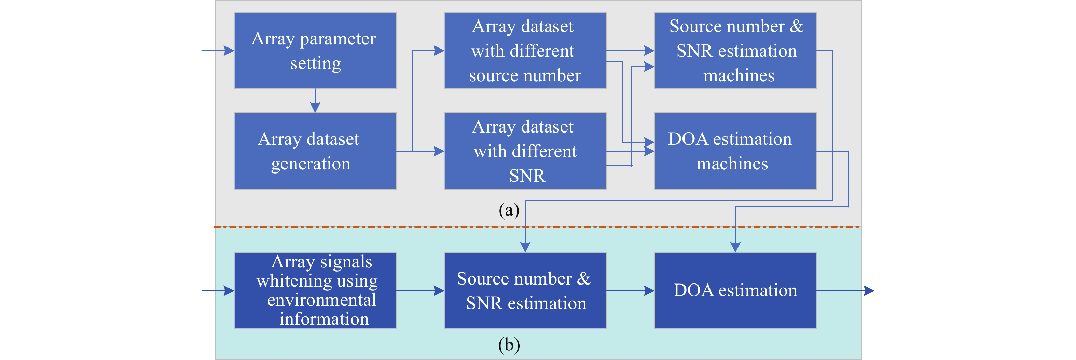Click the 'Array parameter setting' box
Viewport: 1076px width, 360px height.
(x=315, y=51)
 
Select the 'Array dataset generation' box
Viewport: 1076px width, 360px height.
(x=315, y=151)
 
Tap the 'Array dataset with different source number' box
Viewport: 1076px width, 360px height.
(x=525, y=51)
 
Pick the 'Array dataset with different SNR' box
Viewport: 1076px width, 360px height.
(x=525, y=151)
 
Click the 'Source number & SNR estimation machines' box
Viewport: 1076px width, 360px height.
(x=735, y=51)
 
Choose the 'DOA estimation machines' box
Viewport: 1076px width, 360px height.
(x=735, y=151)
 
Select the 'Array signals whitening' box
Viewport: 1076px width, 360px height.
(x=315, y=290)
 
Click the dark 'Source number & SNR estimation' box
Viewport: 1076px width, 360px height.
(x=525, y=290)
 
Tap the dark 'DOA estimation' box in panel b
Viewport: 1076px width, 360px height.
(x=735, y=290)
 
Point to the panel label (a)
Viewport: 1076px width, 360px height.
(x=509, y=210)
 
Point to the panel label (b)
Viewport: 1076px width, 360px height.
(x=509, y=345)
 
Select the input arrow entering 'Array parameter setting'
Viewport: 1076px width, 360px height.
(x=218, y=51)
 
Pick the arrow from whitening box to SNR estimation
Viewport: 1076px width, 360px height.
(x=420, y=290)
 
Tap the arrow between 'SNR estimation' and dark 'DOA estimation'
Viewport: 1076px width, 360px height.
(x=630, y=290)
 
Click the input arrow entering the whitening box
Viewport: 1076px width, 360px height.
(x=218, y=290)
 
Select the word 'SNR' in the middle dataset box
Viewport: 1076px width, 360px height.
(x=527, y=176)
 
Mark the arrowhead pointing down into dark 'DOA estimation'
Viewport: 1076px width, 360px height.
(x=735, y=247)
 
